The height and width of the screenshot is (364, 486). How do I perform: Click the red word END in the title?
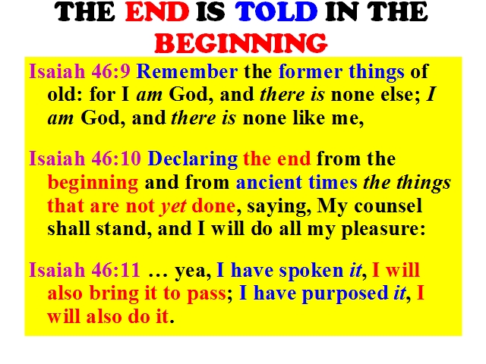pos(157,12)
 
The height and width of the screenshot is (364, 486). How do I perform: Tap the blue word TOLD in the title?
pos(276,12)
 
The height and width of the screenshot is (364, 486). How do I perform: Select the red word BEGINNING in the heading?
pos(241,43)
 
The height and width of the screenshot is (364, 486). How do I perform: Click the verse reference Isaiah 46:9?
pos(80,71)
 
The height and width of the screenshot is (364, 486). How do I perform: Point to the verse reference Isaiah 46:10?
pos(85,158)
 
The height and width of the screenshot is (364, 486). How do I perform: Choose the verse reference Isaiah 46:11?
pos(84,270)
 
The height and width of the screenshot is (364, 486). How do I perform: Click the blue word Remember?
pos(188,71)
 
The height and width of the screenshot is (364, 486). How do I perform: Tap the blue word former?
pos(311,71)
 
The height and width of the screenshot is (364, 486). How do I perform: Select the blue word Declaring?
pos(193,159)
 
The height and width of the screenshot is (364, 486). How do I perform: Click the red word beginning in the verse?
pos(93,184)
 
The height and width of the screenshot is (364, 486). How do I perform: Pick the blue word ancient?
pos(269,182)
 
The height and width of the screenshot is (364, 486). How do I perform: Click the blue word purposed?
pos(345,294)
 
